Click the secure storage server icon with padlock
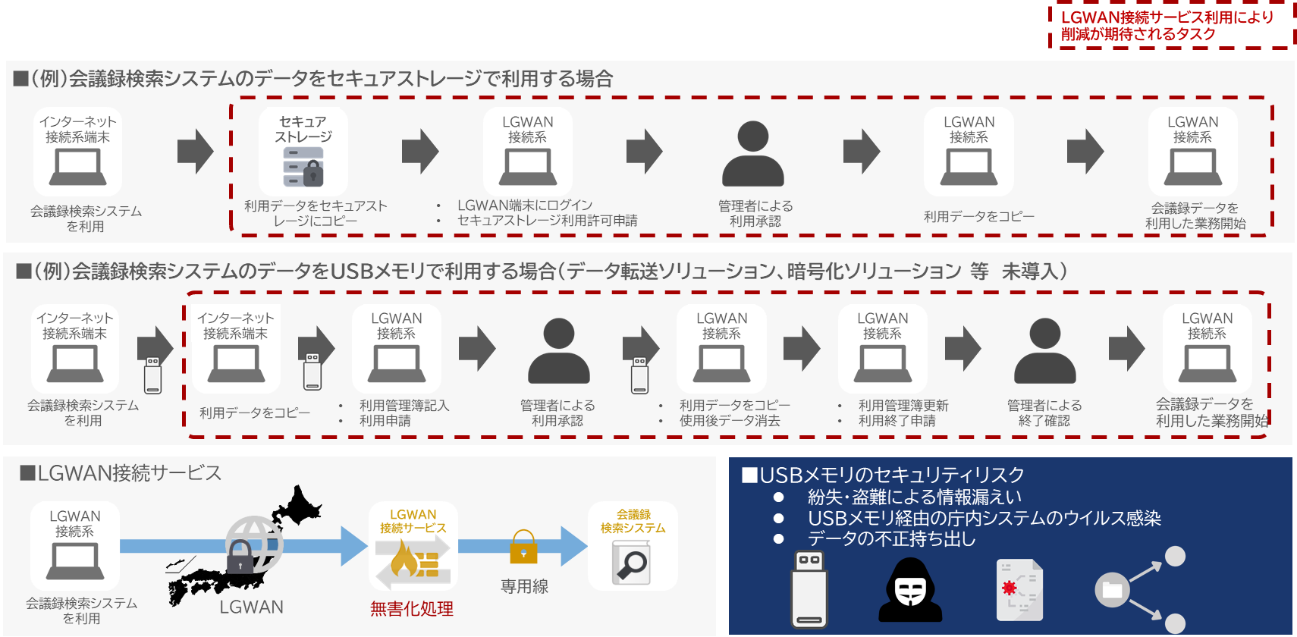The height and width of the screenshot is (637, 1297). [x=303, y=167]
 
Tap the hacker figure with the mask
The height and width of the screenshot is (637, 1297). [x=910, y=590]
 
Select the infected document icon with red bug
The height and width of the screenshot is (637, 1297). [x=1019, y=591]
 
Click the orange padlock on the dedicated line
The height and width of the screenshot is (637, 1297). [x=523, y=548]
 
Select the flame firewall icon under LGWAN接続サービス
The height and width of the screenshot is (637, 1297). [x=413, y=563]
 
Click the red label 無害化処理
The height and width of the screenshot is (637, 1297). [x=412, y=609]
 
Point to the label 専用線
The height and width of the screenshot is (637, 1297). [x=524, y=586]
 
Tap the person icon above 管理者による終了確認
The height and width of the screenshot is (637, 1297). [x=1044, y=350]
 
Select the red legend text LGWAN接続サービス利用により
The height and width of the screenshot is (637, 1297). [x=1167, y=17]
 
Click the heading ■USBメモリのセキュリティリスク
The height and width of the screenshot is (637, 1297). [x=883, y=475]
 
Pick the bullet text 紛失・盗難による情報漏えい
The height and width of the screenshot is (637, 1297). [x=914, y=497]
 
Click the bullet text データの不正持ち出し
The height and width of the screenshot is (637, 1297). [x=891, y=539]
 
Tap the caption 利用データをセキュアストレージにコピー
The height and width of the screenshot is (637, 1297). [x=316, y=213]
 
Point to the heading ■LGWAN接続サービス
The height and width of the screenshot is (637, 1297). [x=121, y=473]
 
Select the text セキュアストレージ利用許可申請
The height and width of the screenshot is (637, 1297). [x=547, y=221]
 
